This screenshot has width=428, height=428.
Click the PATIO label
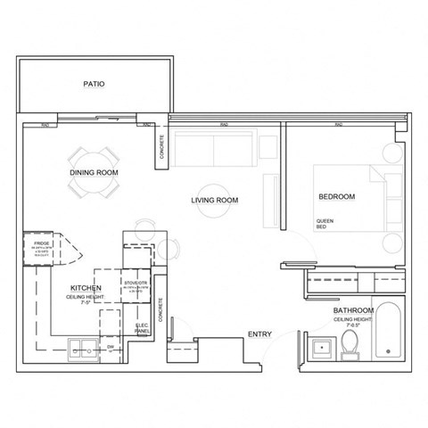click(94, 85)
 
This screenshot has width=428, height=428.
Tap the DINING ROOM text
click(94, 172)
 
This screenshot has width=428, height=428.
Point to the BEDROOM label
click(337, 196)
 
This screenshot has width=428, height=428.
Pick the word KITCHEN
click(85, 289)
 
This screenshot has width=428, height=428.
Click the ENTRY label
click(259, 334)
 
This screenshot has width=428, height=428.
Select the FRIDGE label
click(41, 243)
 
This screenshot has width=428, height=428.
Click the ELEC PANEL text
click(141, 326)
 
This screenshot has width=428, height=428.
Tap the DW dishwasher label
click(110, 346)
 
